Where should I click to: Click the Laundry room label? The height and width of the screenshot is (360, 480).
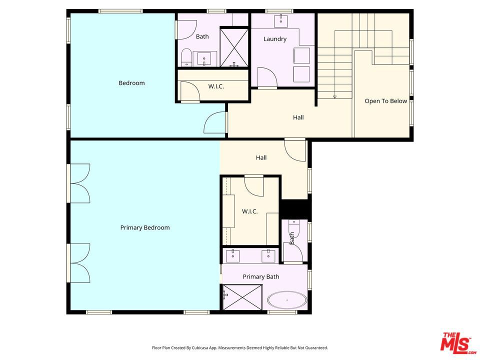click(275, 39)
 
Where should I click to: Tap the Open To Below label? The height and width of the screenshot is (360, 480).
click(385, 101)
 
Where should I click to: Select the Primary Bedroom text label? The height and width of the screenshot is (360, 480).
click(145, 228)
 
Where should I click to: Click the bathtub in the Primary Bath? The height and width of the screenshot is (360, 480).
click(287, 300)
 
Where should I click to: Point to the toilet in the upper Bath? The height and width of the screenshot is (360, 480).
click(186, 58)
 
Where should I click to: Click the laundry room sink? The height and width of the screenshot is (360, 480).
click(280, 21)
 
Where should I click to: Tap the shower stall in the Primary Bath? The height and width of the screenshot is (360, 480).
click(242, 297)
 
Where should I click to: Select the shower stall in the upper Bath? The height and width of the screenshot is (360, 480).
click(234, 47)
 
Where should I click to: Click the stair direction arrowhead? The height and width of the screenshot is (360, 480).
click(335, 97)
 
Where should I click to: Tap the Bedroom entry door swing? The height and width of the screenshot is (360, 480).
click(214, 122)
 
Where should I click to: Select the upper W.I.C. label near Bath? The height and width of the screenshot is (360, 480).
click(216, 86)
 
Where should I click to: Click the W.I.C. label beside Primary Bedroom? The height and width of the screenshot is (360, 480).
click(250, 211)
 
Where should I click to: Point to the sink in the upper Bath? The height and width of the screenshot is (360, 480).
click(204, 59)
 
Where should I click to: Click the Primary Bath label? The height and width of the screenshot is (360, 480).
click(261, 276)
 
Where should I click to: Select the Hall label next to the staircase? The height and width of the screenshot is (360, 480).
click(298, 117)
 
